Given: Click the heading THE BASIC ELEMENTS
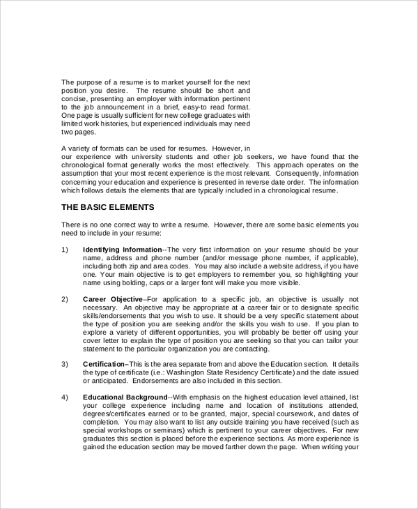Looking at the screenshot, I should (108, 207).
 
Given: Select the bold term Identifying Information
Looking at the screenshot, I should (122, 249).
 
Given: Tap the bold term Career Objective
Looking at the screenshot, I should (112, 299).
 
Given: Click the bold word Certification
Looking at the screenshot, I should (104, 364).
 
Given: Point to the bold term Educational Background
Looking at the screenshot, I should (125, 397).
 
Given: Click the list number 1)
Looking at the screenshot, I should (65, 249).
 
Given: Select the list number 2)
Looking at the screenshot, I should (65, 299).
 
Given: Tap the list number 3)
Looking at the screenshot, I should (65, 364).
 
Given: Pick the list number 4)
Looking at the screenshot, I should (65, 397).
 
